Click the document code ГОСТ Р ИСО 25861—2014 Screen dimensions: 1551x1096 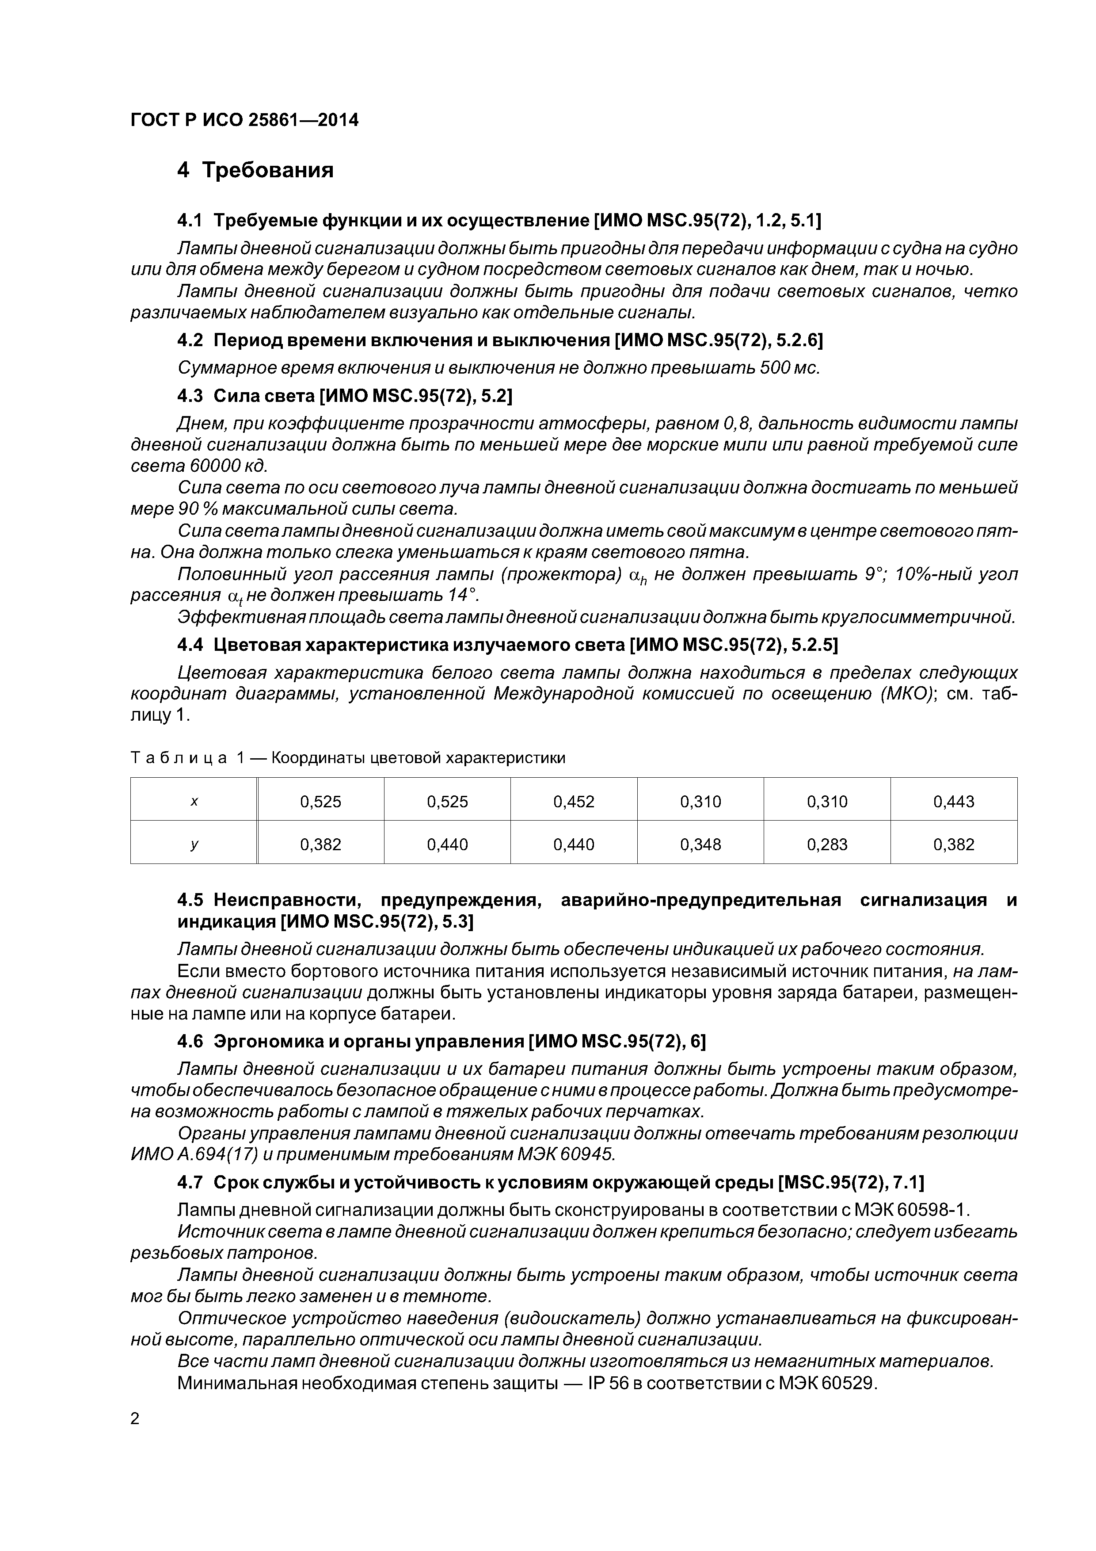coord(244,120)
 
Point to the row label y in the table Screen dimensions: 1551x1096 coord(194,844)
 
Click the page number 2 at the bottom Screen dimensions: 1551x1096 coord(135,1400)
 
